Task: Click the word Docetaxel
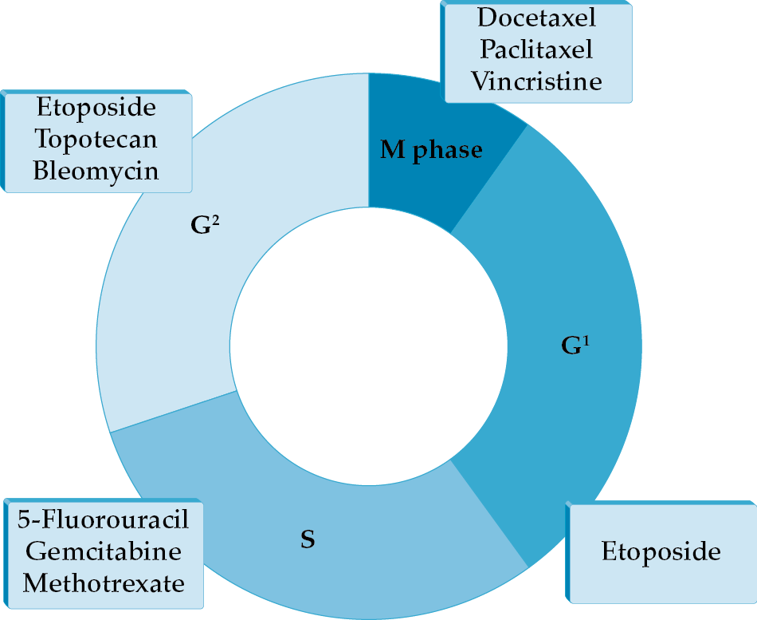(x=535, y=17)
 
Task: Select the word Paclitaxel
(x=535, y=49)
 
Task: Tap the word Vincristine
(x=535, y=81)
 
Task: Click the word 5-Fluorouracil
(x=104, y=519)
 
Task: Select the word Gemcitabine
(x=104, y=551)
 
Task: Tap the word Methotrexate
(x=104, y=582)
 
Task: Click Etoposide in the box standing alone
(x=661, y=551)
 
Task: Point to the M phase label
(x=431, y=149)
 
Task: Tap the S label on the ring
(x=308, y=540)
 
